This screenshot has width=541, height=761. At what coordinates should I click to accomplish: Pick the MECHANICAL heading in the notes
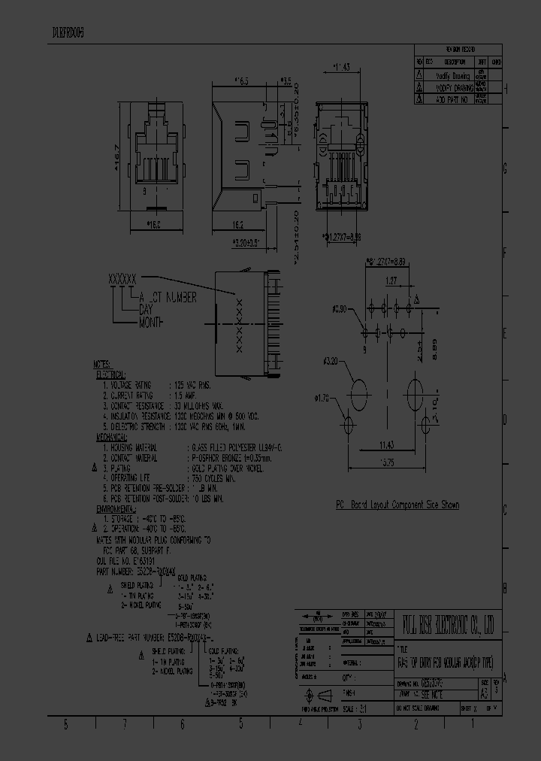pos(111,436)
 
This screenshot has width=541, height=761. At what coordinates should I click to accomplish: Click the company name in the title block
pos(451,623)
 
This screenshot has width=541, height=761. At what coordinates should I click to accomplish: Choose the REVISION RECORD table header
pos(458,50)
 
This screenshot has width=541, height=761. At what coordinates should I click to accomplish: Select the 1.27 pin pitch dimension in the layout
pos(391,280)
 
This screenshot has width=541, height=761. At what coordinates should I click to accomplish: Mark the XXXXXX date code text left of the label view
pos(123,278)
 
